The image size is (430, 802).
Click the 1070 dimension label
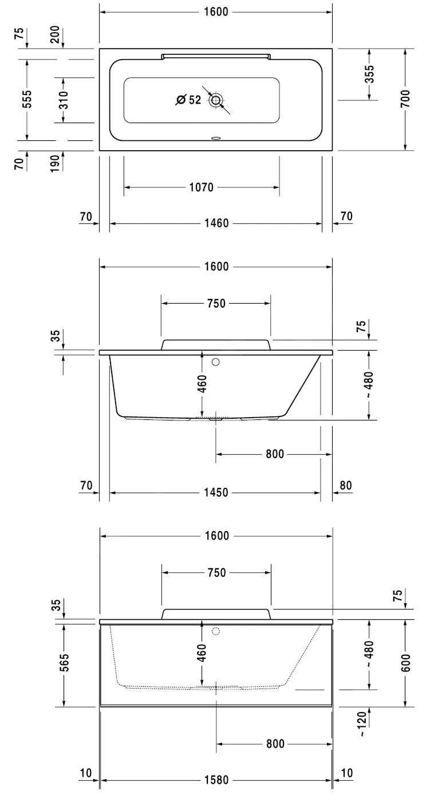[x=201, y=187]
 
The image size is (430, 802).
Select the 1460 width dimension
[x=216, y=223]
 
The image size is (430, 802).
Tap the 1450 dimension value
[x=216, y=492]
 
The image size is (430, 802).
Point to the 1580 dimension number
[x=216, y=780]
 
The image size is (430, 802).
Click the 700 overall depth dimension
[x=405, y=100]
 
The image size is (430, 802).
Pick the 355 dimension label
[x=369, y=75]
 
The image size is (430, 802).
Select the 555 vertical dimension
[x=27, y=100]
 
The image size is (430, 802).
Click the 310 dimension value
[x=64, y=100]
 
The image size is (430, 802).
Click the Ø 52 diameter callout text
[x=188, y=100]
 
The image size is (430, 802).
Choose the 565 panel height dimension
[x=64, y=665]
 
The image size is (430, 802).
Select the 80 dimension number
[x=346, y=486]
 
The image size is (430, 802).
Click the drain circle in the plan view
[x=216, y=100]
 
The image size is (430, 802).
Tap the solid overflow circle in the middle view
[x=216, y=362]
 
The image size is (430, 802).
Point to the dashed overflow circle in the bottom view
[x=216, y=631]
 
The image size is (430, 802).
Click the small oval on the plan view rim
[x=216, y=138]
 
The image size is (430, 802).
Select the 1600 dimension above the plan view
[x=216, y=12]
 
